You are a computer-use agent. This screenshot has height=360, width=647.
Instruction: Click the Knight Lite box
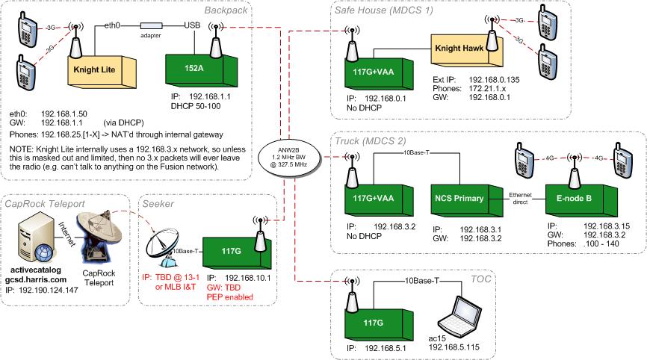pyautogui.click(x=102, y=72)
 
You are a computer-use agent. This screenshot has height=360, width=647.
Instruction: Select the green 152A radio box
pyautogui.click(x=202, y=70)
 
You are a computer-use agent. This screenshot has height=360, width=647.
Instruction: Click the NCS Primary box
pyautogui.click(x=467, y=200)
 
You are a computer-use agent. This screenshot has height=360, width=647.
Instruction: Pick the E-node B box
pyautogui.click(x=581, y=200)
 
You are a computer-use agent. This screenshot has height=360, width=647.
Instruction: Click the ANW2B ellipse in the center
pyautogui.click(x=289, y=157)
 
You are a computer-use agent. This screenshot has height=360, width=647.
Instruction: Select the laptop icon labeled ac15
pyautogui.click(x=460, y=315)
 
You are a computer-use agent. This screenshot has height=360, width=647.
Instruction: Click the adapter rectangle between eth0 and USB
pyautogui.click(x=151, y=26)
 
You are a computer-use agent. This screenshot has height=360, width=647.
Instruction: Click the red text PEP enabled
pyautogui.click(x=230, y=297)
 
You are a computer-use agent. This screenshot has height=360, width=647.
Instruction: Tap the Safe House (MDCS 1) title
pyautogui.click(x=384, y=10)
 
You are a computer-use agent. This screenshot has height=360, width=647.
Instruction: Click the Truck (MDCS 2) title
pyautogui.click(x=371, y=141)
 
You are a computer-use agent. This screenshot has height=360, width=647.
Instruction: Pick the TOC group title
pyautogui.click(x=480, y=279)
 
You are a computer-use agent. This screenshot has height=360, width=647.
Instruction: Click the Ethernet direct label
pyautogui.click(x=520, y=199)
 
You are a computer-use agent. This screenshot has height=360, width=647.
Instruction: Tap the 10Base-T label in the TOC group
pyautogui.click(x=421, y=282)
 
